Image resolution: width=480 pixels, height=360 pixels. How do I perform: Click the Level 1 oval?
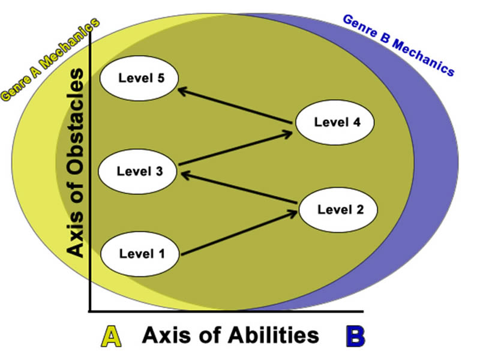click(140, 253)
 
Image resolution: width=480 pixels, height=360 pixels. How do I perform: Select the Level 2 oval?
click(339, 209)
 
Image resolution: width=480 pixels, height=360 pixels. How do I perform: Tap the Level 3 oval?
click(139, 171)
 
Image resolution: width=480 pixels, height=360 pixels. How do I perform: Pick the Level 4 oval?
click(336, 122)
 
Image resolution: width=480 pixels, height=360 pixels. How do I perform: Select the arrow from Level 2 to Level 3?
click(240, 189)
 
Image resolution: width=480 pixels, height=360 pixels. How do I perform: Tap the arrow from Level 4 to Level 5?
click(237, 106)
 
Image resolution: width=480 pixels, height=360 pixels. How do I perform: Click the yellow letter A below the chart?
click(111, 336)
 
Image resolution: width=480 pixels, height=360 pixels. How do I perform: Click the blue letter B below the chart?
click(355, 336)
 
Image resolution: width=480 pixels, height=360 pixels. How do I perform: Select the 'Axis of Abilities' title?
click(230, 335)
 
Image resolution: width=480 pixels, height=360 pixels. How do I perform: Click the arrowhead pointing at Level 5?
click(182, 89)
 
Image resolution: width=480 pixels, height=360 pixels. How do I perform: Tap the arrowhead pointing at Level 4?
click(287, 134)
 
